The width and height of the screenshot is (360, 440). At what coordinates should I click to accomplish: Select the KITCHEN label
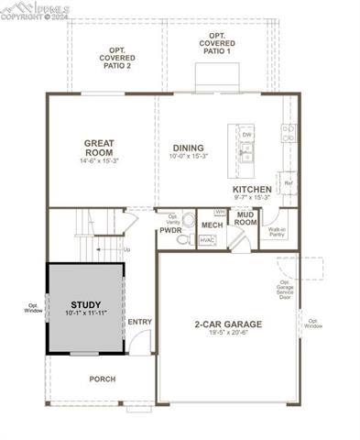[x=251, y=190]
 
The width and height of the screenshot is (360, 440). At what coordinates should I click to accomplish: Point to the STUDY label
[x=86, y=304]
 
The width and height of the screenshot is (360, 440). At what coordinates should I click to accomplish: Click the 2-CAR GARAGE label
[x=228, y=324]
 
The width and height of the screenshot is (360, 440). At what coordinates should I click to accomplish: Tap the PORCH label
[x=102, y=379]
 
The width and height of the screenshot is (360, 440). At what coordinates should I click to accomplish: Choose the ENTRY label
[x=140, y=322]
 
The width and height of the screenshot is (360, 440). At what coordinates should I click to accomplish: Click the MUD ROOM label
[x=245, y=219]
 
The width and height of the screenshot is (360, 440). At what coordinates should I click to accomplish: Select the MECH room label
[x=212, y=225]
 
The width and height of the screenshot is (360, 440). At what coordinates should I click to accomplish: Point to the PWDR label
[x=171, y=231]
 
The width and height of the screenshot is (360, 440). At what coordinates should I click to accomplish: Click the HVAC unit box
[x=207, y=240]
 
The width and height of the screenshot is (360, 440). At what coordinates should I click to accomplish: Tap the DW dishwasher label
[x=246, y=135]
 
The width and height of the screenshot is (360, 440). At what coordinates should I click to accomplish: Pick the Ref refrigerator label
[x=288, y=182]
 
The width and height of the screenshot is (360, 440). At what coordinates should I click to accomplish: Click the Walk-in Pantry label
[x=277, y=232]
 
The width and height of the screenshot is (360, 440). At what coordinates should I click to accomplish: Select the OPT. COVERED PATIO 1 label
[x=218, y=42]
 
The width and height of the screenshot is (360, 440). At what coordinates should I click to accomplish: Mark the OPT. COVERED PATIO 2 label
[x=116, y=58]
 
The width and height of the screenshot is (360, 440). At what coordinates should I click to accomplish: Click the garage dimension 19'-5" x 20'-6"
[x=228, y=333]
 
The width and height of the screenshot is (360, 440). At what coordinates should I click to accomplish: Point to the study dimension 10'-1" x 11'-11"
[x=86, y=313]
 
